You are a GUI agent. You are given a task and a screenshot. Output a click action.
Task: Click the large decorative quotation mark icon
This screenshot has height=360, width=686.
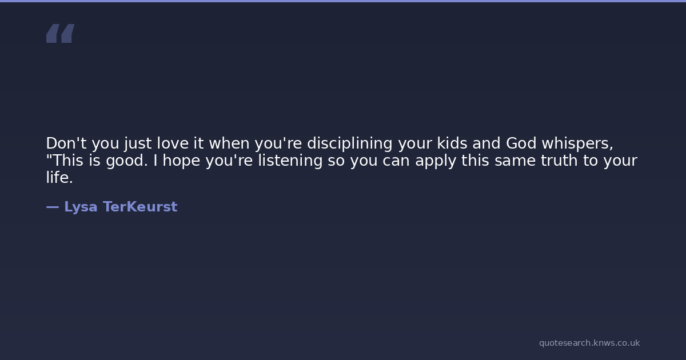point(61,33)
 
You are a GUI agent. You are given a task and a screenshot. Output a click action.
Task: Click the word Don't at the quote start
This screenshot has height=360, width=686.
point(66,143)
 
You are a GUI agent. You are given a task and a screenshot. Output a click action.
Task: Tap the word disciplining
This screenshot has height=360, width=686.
point(349,143)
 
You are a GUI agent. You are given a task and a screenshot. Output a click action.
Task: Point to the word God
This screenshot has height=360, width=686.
point(521,143)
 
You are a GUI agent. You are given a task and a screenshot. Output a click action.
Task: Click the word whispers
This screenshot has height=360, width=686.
point(577,143)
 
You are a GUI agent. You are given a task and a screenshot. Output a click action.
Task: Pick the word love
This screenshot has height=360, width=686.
point(173,143)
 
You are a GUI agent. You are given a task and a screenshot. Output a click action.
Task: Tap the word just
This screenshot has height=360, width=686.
point(138,144)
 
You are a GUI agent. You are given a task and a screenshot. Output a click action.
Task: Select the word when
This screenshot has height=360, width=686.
point(229,143)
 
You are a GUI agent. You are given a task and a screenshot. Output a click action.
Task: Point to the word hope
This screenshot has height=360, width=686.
point(181,161)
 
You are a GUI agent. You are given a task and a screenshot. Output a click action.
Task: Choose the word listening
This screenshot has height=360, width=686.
point(290,161)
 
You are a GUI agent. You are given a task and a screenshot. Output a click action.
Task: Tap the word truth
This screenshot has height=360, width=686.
point(559,161)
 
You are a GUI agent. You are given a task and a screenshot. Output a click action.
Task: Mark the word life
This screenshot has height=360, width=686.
point(59,178)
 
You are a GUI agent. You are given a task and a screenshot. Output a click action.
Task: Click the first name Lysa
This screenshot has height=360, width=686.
point(81,207)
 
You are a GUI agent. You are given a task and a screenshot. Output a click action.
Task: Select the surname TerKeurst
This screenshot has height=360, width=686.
point(140,207)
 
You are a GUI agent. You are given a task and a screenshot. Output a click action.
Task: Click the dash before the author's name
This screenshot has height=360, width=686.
point(53,207)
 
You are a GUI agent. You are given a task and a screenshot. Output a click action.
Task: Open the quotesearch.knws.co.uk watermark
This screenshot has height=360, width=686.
point(589,343)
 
